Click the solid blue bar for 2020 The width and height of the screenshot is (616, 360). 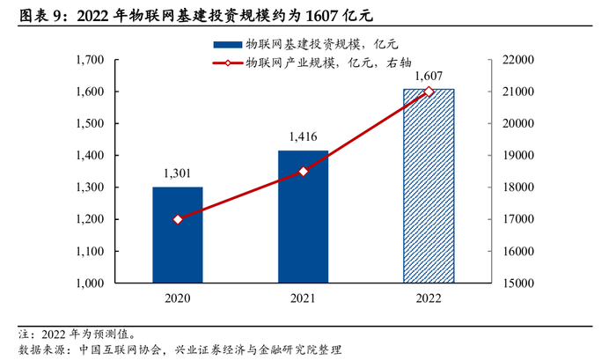177,235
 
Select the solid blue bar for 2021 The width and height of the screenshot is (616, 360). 303,217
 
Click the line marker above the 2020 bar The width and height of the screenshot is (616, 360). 177,219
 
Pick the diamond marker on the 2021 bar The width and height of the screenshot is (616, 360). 303,172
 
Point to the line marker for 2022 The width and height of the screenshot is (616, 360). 429,92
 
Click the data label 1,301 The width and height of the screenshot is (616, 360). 177,173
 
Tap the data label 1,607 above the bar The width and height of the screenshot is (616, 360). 429,76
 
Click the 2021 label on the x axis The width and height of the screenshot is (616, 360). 303,299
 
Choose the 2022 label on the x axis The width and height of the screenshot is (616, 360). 429,299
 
